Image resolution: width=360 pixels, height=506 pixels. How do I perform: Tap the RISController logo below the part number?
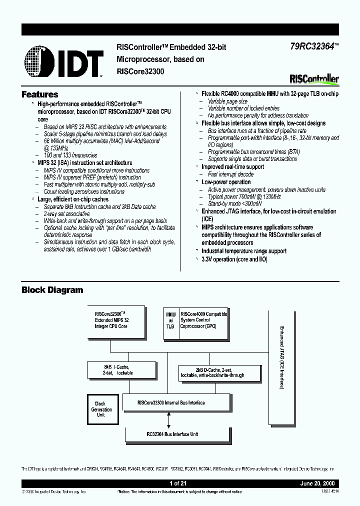[x=314, y=79]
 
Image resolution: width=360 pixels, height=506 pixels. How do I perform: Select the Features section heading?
[x=40, y=94]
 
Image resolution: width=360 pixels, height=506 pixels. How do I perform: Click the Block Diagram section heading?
[x=52, y=290]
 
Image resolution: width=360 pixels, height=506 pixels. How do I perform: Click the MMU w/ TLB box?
[x=170, y=320]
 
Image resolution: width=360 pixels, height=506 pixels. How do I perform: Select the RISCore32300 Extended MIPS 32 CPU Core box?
[x=115, y=320]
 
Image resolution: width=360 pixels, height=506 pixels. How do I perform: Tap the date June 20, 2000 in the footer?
[x=318, y=484]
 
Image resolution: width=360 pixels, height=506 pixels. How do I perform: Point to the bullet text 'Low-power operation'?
[x=226, y=182]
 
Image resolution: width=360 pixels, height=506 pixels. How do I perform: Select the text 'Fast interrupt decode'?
[x=230, y=174]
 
